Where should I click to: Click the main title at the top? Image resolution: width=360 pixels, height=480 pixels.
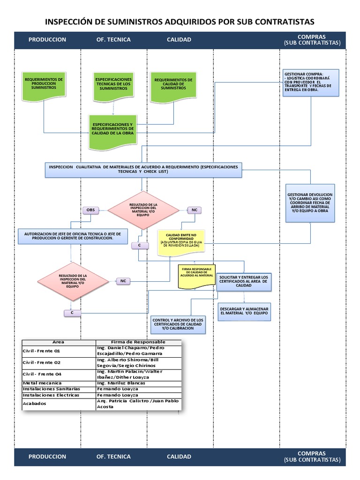coord(180,22)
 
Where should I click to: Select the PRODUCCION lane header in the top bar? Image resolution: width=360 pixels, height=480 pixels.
coord(47,39)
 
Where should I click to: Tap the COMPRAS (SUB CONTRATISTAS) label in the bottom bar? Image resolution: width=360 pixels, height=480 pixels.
coord(312,457)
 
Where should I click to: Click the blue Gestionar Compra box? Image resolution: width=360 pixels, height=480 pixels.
coord(310,83)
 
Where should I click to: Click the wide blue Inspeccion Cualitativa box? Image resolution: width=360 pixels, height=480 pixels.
coord(143,170)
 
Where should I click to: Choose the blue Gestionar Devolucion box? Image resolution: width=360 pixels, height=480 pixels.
coord(310,202)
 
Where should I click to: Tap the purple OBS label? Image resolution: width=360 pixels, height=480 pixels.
coord(90,210)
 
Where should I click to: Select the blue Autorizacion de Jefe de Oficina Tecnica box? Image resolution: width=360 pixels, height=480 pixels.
coord(72,236)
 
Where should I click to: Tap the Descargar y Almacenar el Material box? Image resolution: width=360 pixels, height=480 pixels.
coord(244,310)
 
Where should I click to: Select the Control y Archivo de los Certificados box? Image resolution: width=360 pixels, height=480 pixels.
coord(178,323)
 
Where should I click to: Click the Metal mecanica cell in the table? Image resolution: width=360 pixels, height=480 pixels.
coord(39,383)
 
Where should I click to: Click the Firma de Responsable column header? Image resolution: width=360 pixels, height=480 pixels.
coord(138,342)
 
